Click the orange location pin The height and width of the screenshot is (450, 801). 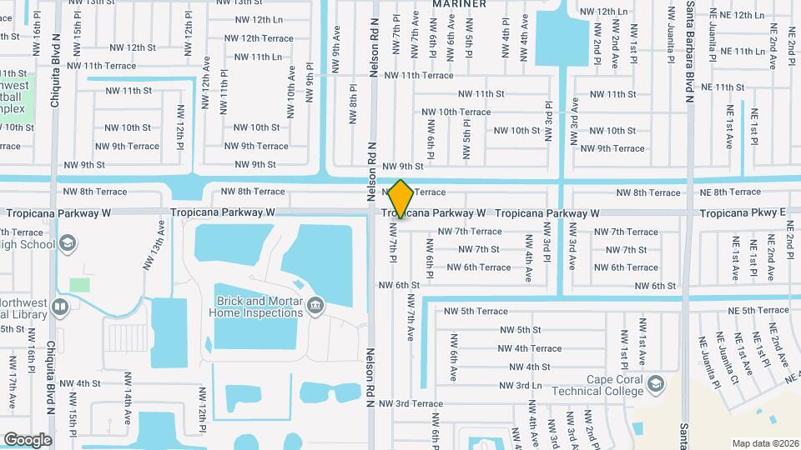(x=401, y=199)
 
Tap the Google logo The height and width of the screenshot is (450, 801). (x=28, y=439)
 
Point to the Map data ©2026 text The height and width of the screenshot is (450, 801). (x=764, y=443)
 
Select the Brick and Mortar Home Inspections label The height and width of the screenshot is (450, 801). (x=258, y=307)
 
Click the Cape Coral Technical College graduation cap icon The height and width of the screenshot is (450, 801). (x=657, y=382)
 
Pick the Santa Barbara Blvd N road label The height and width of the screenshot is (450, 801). (x=691, y=50)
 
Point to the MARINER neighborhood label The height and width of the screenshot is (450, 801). (x=459, y=4)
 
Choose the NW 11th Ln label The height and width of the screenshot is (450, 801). (x=259, y=57)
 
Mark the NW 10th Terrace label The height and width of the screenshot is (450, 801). (x=456, y=112)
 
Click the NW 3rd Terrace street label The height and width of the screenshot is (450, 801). (x=410, y=403)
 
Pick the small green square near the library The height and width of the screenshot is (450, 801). (x=79, y=285)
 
